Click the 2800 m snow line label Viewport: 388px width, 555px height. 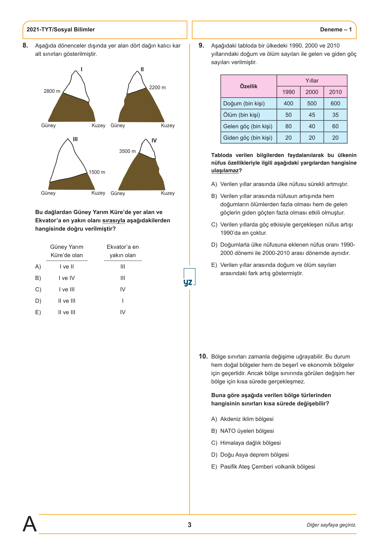coord(52,91)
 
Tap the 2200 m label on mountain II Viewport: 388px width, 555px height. coord(157,87)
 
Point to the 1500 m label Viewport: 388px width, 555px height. coord(97,172)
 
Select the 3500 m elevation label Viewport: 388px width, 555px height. coord(127,151)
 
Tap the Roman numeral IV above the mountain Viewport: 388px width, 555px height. coord(154,141)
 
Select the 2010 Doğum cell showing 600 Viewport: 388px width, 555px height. coord(335,103)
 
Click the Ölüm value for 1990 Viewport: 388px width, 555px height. coord(288,115)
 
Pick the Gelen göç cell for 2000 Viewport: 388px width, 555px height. coord(312,126)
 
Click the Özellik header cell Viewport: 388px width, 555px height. coord(248,86)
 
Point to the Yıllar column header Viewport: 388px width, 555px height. coord(312,81)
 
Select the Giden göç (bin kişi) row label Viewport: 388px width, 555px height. coord(248,138)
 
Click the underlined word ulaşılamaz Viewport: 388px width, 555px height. coord(225,171)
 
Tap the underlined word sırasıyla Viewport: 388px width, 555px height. coord(114,220)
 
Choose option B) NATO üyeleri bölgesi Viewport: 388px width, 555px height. coord(247,431)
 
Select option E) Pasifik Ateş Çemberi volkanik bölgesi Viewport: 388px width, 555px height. coord(267,467)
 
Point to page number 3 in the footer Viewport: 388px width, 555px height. coord(190,525)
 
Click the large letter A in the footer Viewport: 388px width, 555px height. coord(30,524)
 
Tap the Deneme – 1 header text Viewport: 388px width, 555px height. coord(336,30)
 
